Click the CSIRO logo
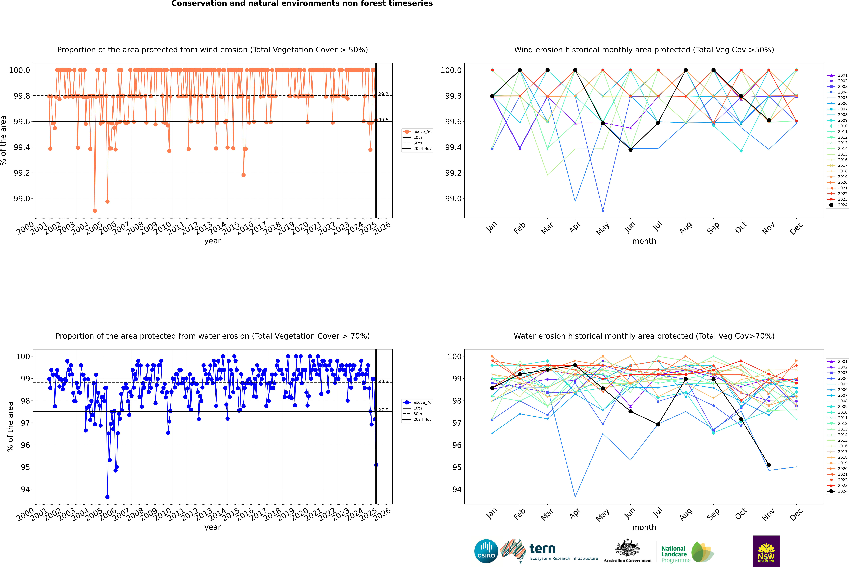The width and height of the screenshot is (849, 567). [x=486, y=551]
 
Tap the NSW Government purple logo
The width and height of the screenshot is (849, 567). [x=766, y=551]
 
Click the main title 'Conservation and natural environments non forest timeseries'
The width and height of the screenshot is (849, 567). [x=302, y=4]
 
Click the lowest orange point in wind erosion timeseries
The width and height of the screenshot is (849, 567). [x=95, y=210]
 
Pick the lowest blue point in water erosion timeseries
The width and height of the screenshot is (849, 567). [x=107, y=497]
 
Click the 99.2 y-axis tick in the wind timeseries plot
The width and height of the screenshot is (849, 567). [x=22, y=173]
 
